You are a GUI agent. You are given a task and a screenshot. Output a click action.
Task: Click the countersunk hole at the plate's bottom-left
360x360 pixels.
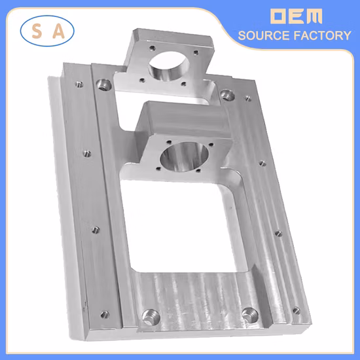click(149, 315)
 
